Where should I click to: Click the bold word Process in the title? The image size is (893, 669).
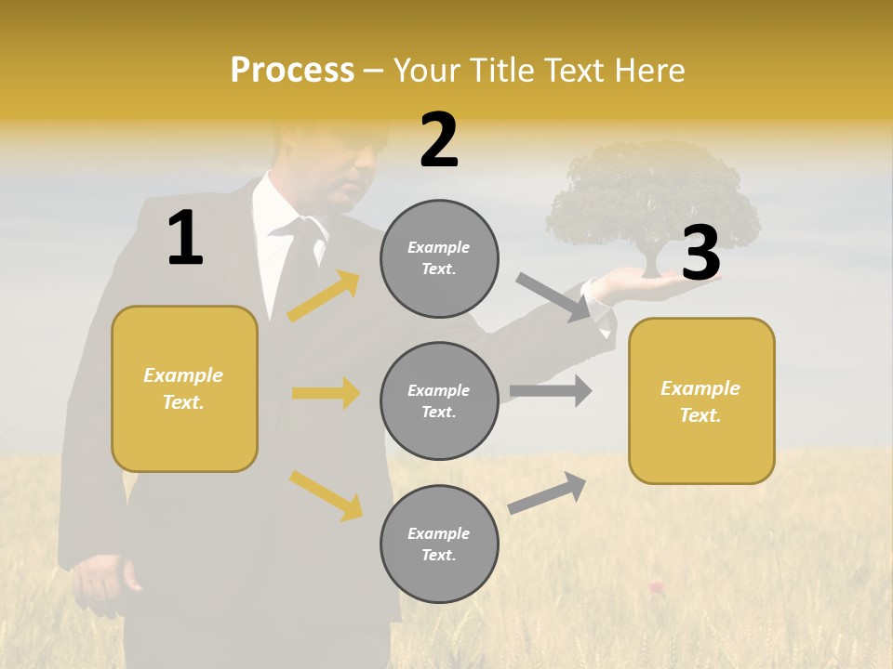[x=292, y=71]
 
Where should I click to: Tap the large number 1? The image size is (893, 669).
[x=185, y=239]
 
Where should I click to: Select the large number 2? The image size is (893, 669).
[x=439, y=140]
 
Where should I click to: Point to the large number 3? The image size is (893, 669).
[x=701, y=253]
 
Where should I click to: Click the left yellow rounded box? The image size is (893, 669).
[x=184, y=388]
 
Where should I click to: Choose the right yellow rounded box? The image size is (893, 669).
[x=701, y=400]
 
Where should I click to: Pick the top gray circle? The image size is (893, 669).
[x=439, y=258]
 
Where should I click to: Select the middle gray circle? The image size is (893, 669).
[x=439, y=400]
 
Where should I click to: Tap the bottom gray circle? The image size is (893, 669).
[x=439, y=544]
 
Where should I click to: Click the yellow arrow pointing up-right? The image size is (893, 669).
[x=324, y=296]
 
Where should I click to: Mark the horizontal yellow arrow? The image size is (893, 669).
[x=326, y=393]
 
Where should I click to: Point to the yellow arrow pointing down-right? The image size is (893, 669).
[x=326, y=495]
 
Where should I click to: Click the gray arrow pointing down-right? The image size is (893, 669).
[x=554, y=296]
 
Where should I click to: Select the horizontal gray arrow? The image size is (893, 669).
[x=551, y=391]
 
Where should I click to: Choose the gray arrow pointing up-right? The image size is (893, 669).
[x=547, y=492]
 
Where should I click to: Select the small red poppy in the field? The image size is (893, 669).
[x=657, y=585]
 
